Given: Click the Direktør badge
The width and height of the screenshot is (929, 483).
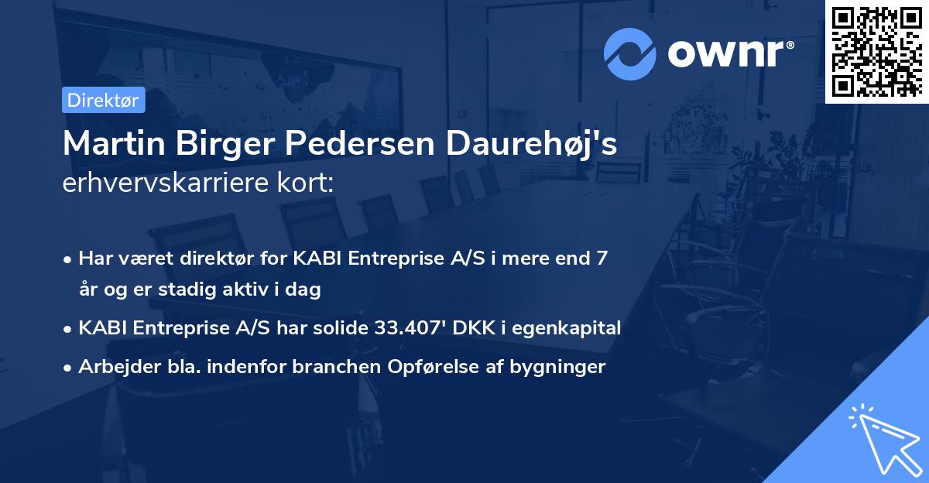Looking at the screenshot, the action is [103, 100].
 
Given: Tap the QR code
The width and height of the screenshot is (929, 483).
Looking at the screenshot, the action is [876, 52].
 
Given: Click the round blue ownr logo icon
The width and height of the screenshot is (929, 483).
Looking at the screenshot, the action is [629, 54].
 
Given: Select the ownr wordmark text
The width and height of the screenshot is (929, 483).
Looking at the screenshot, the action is [731, 54].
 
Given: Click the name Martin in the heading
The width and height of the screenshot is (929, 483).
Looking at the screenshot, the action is [114, 143].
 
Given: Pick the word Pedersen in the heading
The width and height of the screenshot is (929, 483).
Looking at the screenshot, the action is [359, 143].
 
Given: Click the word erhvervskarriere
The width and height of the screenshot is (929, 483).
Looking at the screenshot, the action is [166, 183].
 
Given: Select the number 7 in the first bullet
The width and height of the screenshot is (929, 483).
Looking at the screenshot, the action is [602, 258].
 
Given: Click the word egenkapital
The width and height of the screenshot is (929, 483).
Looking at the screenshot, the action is [566, 328].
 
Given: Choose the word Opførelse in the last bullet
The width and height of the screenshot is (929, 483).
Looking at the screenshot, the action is [433, 367].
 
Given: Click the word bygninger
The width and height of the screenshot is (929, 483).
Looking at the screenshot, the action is [557, 367].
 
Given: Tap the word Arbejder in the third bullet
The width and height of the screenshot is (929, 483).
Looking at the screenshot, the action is [119, 367].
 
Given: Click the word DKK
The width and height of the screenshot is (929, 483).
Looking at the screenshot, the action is [474, 327].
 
